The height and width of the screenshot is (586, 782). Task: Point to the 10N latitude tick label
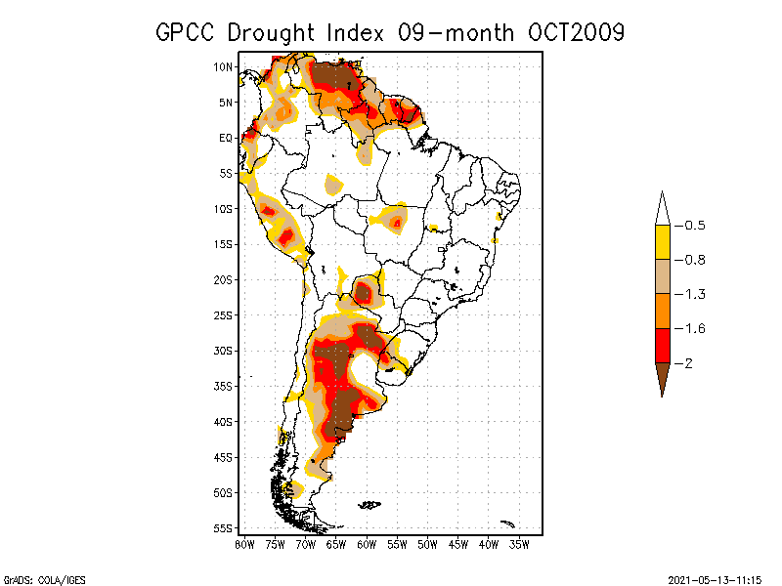pyautogui.click(x=223, y=67)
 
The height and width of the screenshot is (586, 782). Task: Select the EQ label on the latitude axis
pyautogui.click(x=225, y=138)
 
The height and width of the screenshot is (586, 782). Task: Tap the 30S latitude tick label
pyautogui.click(x=223, y=351)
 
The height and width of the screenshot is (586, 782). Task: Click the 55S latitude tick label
pyautogui.click(x=223, y=528)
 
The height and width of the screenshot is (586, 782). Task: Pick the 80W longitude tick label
pyautogui.click(x=244, y=544)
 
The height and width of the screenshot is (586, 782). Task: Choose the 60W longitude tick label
pyautogui.click(x=367, y=544)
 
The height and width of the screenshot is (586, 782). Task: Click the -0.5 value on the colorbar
pyautogui.click(x=695, y=226)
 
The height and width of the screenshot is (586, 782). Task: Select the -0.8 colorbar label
pyautogui.click(x=695, y=260)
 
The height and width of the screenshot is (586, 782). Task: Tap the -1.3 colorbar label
pyautogui.click(x=695, y=294)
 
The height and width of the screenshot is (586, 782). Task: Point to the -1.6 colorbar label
pyautogui.click(x=695, y=328)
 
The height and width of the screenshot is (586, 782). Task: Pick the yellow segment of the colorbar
pyautogui.click(x=662, y=242)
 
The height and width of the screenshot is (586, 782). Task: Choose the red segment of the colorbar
pyautogui.click(x=662, y=345)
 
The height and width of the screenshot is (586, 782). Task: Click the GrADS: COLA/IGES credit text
pyautogui.click(x=36, y=578)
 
